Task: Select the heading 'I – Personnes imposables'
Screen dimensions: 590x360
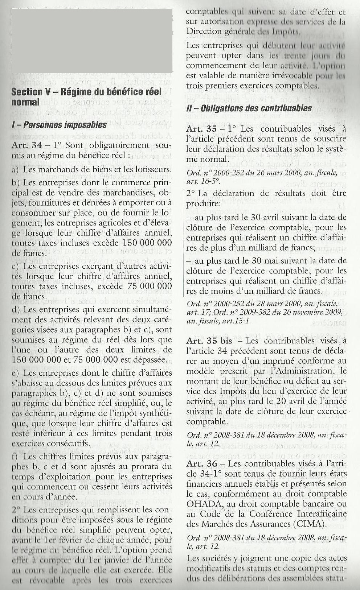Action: [x=59, y=125]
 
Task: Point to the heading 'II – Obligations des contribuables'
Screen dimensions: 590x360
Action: [x=249, y=108]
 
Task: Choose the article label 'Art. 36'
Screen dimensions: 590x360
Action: [x=201, y=464]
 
